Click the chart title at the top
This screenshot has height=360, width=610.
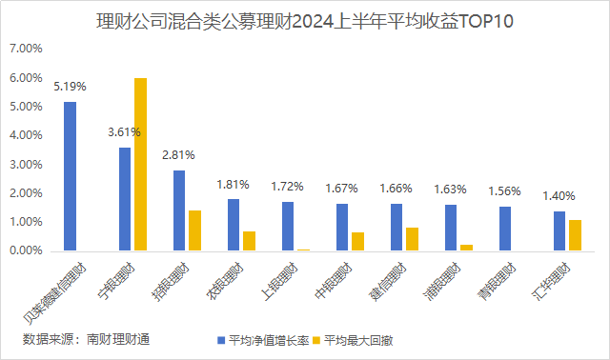pyautogui.click(x=305, y=21)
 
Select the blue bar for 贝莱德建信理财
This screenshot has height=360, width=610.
pyautogui.click(x=70, y=176)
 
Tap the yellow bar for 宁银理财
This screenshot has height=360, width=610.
pyautogui.click(x=140, y=164)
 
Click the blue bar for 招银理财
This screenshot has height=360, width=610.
pyautogui.click(x=179, y=210)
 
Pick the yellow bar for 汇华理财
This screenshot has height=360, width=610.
pyautogui.click(x=575, y=235)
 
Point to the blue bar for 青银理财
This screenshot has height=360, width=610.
pyautogui.click(x=505, y=229)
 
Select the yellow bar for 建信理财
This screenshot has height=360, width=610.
pyautogui.click(x=412, y=239)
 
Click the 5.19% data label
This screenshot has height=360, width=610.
pyautogui.click(x=70, y=87)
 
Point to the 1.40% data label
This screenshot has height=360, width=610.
pyautogui.click(x=559, y=196)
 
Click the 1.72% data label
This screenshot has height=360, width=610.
pyautogui.click(x=288, y=187)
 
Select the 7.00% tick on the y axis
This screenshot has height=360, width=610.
pyautogui.click(x=25, y=48)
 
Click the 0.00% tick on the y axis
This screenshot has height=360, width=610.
pyautogui.click(x=25, y=250)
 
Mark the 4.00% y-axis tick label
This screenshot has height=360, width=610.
pyautogui.click(x=25, y=135)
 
